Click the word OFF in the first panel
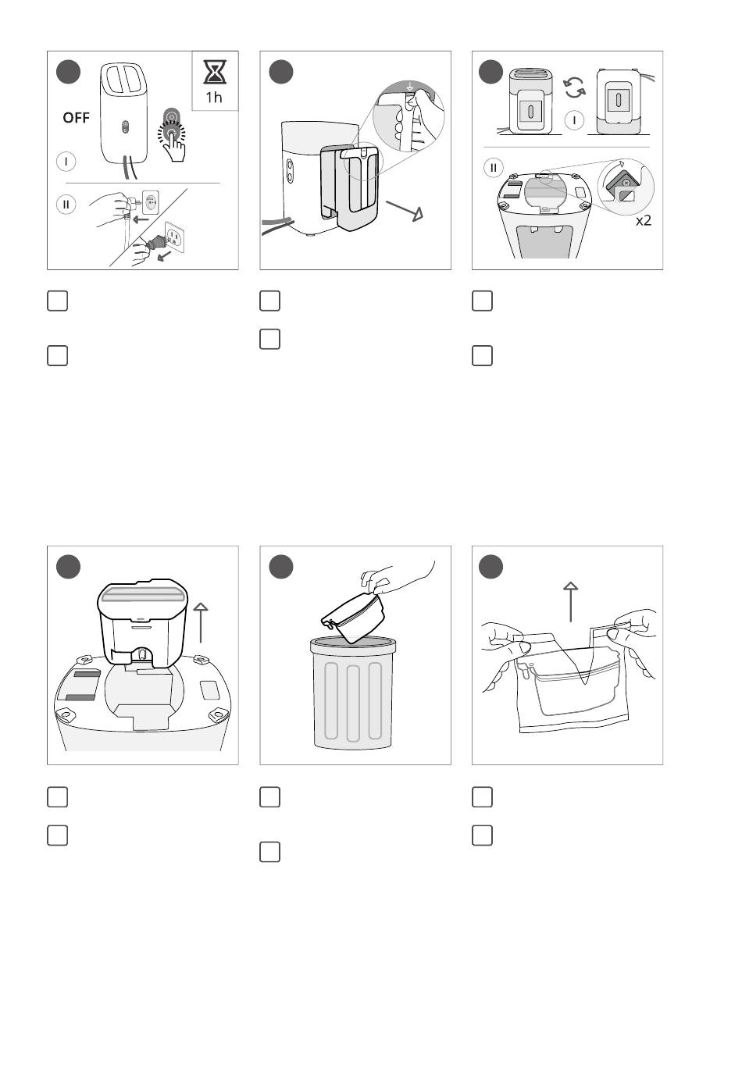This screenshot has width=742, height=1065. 76,117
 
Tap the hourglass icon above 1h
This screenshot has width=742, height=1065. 215,72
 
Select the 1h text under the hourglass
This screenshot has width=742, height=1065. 214,97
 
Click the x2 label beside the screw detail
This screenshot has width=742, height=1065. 644,220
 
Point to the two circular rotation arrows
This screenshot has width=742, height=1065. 574,88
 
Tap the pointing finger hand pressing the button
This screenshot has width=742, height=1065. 174,144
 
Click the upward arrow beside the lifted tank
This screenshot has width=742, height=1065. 201,622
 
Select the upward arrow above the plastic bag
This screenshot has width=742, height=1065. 571,601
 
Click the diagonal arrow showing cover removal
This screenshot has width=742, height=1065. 405,211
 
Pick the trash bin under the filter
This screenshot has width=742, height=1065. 353,693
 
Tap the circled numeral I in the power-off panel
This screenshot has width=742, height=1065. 66,162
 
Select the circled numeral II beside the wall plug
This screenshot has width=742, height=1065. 66,205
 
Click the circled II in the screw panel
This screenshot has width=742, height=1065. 494,168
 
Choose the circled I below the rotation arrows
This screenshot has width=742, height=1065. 574,120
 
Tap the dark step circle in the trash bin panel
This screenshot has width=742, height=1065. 280,567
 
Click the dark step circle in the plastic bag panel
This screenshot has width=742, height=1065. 491,567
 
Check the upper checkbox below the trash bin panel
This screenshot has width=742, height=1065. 269,797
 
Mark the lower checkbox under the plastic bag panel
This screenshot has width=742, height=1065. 482,835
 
